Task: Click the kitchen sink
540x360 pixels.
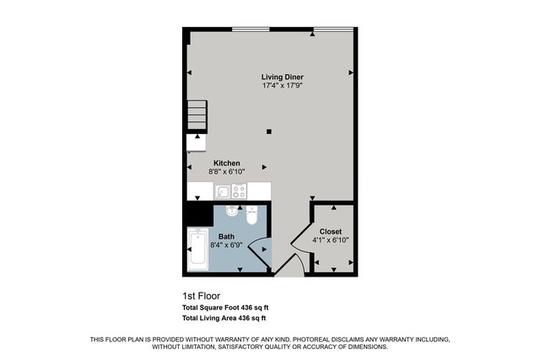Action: click(221, 191)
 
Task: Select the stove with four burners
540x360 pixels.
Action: click(239, 191)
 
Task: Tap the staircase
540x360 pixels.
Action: click(196, 116)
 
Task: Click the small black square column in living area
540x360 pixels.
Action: click(268, 131)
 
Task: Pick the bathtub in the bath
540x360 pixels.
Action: click(199, 252)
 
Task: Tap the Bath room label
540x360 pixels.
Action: click(227, 237)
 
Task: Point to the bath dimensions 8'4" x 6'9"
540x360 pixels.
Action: click(227, 245)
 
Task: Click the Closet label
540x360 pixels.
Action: click(330, 231)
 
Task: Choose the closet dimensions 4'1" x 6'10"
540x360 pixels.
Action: click(330, 239)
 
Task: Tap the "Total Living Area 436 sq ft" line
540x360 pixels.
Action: click(224, 319)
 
